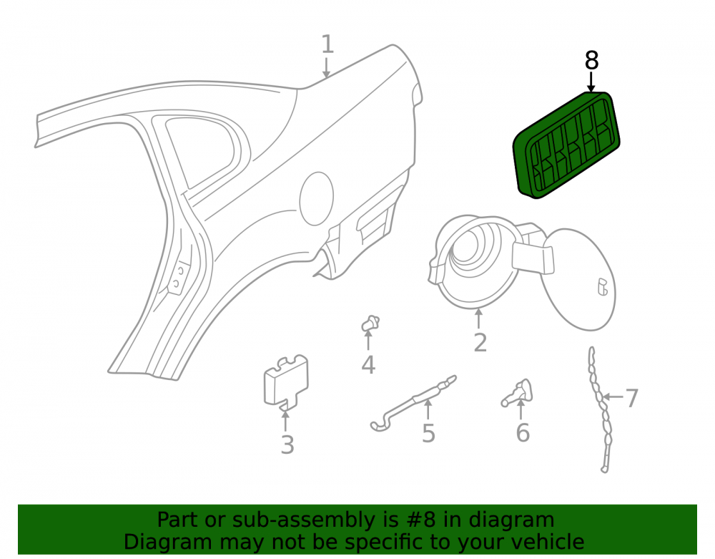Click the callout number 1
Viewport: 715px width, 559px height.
point(327,44)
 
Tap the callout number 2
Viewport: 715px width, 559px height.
point(480,342)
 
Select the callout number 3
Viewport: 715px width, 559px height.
point(287,445)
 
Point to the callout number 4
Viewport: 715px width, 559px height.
point(368,364)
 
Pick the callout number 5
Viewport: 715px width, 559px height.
point(428,433)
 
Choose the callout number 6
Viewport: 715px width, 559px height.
point(523,432)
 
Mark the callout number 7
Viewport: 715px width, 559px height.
point(631,398)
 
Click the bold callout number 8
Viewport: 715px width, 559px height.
point(591,60)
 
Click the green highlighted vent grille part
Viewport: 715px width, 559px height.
point(567,145)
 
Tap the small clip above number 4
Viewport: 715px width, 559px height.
point(370,324)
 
